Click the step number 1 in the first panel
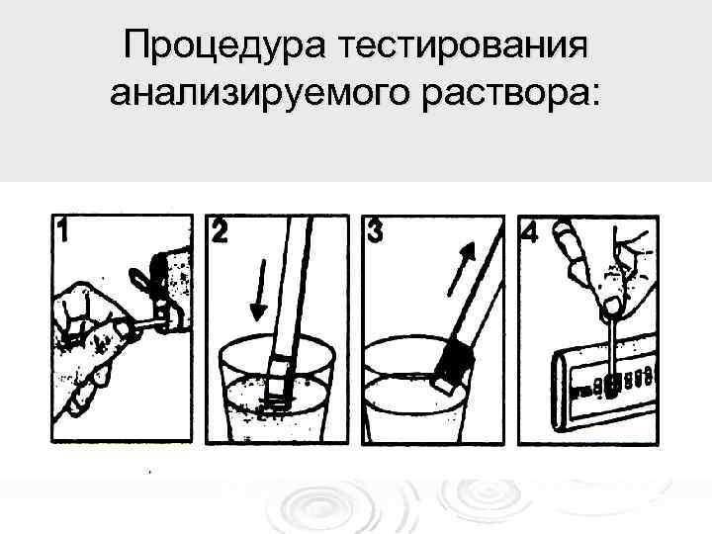click(63, 231)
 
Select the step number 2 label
click(220, 231)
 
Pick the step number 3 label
click(375, 231)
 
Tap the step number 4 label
click(530, 231)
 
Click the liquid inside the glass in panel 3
click(415, 415)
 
